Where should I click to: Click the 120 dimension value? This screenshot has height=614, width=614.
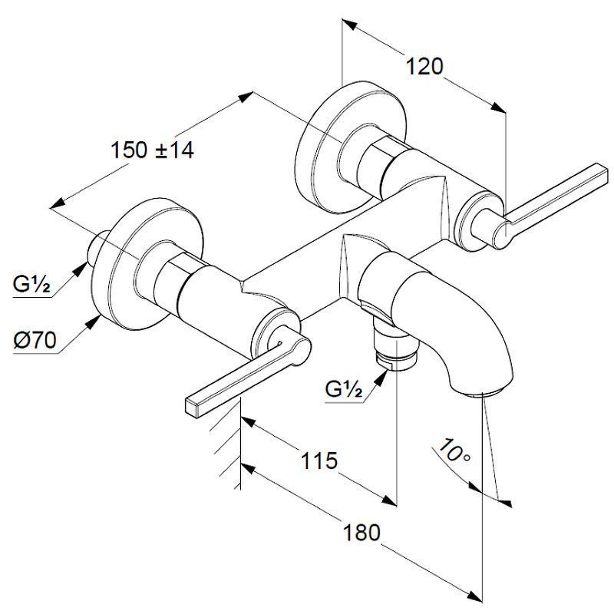(424, 67)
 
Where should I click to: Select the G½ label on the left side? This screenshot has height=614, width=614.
(32, 285)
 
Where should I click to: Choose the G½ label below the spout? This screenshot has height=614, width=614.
(343, 389)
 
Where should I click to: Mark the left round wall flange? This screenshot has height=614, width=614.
(146, 265)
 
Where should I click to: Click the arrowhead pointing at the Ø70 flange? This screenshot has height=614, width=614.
(95, 322)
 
